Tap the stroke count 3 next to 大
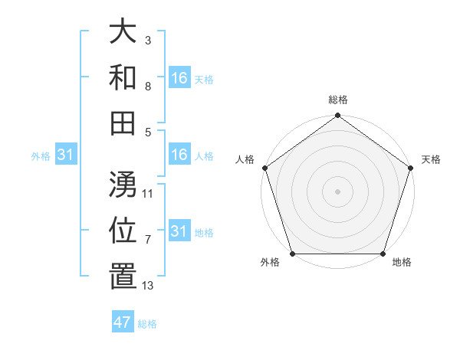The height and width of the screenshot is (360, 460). (x=147, y=40)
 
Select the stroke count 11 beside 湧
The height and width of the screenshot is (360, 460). (x=148, y=193)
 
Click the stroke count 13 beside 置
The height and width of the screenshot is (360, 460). (x=148, y=286)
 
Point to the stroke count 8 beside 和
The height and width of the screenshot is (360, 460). (x=147, y=86)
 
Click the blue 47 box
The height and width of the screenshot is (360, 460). (x=123, y=322)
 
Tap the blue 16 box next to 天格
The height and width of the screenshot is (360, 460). (x=179, y=77)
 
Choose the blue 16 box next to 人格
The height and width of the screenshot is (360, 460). (x=179, y=155)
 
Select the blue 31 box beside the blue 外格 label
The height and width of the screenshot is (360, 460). (x=66, y=155)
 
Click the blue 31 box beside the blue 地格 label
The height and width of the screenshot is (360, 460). (x=179, y=231)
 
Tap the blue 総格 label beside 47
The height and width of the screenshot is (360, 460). (x=147, y=324)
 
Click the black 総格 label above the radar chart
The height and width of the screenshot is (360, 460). (x=338, y=100)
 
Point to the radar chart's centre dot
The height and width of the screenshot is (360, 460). (x=337, y=191)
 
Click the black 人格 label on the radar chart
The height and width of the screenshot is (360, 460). (x=245, y=159)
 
